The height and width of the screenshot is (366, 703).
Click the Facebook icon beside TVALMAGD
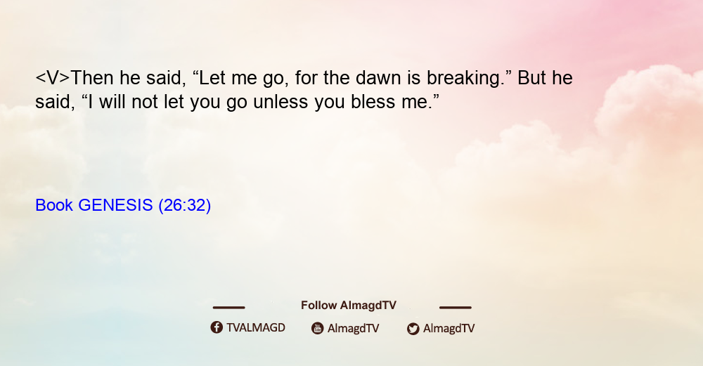217,327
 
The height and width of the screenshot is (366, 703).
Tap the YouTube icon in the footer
318,328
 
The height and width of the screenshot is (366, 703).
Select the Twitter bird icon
413,329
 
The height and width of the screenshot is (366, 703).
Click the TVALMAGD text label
256,327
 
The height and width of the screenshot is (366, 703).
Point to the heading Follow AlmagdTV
349,305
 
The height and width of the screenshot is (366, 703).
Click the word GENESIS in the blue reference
115,205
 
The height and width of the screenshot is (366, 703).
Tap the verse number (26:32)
184,205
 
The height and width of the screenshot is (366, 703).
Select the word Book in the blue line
54,205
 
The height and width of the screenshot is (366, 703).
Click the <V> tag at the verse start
53,78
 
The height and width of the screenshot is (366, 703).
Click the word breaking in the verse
463,79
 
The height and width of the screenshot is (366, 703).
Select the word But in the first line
531,78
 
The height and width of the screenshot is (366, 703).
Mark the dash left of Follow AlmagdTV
228,307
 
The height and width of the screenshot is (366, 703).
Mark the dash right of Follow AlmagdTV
456,307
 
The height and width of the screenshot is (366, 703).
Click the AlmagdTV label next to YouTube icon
354,328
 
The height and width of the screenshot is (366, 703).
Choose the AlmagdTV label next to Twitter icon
449,328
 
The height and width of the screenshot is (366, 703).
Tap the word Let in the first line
212,78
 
